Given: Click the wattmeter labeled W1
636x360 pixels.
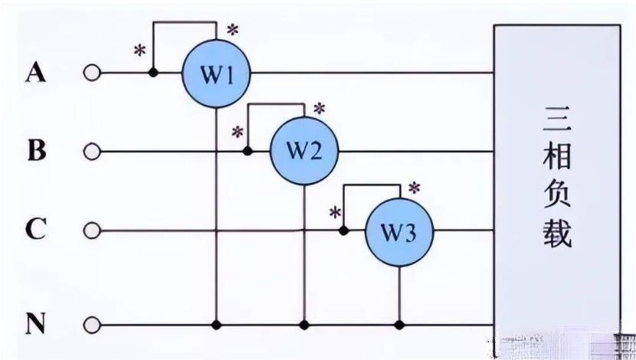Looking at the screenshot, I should click(216, 74).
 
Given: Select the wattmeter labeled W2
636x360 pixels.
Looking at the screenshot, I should click(304, 151).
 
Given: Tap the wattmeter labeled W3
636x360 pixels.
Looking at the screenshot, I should click(398, 230).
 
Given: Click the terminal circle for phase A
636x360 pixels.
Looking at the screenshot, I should click(92, 74).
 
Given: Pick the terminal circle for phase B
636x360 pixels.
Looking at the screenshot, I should click(92, 152).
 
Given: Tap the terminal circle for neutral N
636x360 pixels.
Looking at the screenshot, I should click(92, 325).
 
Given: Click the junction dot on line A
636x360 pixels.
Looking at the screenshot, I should click(153, 74).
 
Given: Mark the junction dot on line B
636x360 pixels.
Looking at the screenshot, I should click(247, 151).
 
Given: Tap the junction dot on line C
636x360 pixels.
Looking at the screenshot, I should click(344, 230).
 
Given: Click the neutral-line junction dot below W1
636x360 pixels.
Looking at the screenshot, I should click(216, 325).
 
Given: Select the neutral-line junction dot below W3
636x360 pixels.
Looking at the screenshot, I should click(398, 325).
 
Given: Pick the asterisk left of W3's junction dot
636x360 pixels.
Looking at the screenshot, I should click(335, 212).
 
